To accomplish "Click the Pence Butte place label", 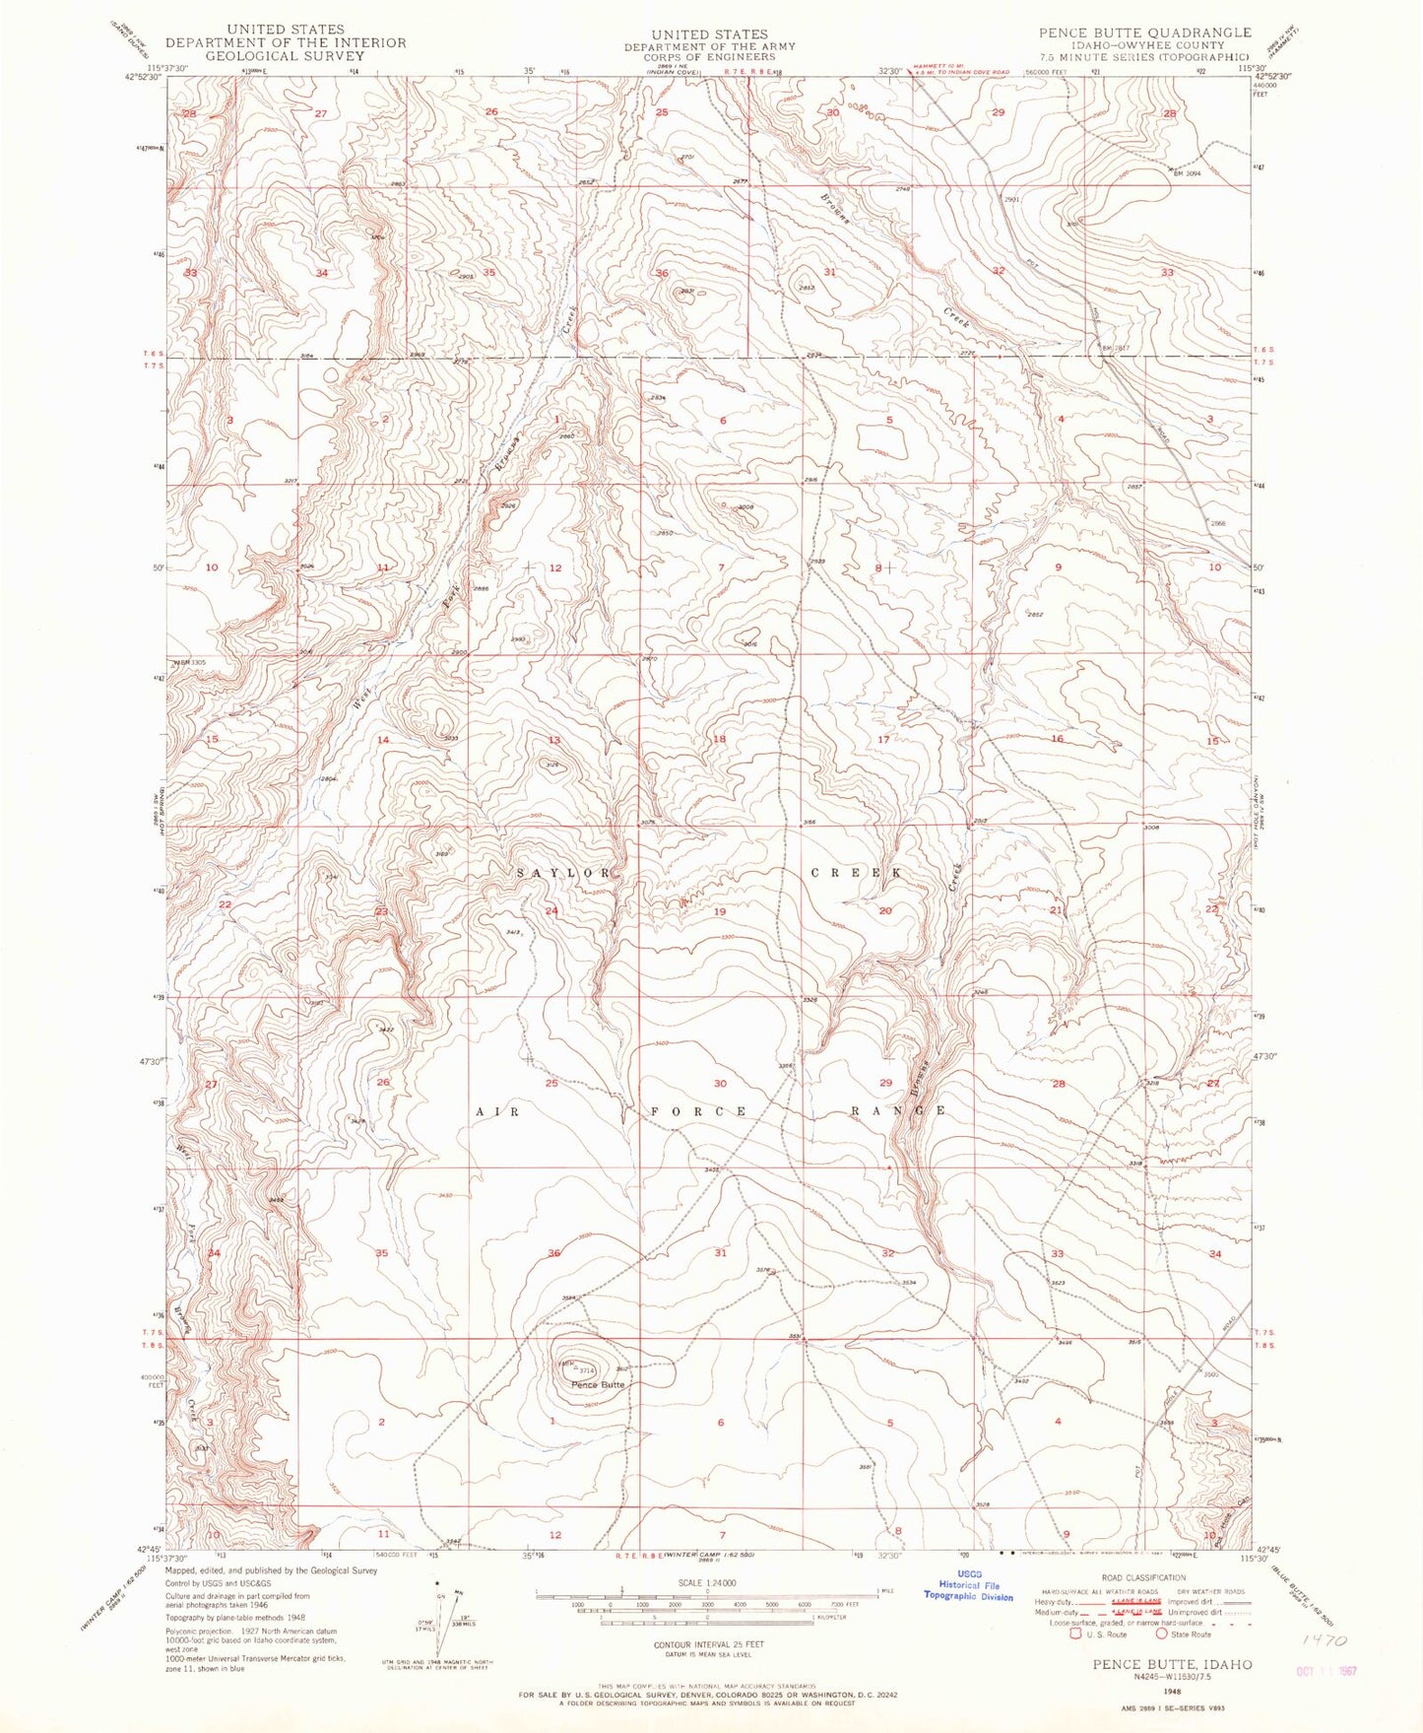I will coord(598,1384).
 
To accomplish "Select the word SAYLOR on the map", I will coord(564,873).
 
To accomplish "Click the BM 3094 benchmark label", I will coord(1189,172).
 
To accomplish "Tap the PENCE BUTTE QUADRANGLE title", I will coord(1144,33).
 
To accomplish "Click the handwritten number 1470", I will coord(1321,1640).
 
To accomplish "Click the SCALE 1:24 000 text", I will coord(707,1582).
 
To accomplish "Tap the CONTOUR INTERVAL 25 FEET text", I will coord(708,1644).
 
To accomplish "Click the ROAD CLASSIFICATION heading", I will coord(1142,1577).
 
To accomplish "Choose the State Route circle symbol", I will coord(1163,1633).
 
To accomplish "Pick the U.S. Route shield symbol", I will coord(1076,1633).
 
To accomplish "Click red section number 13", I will coord(554,740).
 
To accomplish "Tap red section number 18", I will coord(719,739).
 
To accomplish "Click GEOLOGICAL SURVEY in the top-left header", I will coord(286,56).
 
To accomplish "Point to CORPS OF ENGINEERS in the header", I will coord(708,57).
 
